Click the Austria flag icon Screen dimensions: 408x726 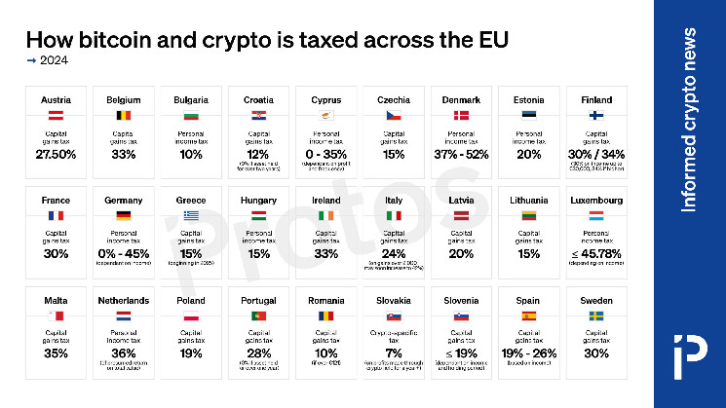pos(57,116)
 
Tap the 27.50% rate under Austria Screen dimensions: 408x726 pos(57,154)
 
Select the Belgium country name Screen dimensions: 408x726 pos(124,100)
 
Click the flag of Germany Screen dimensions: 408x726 pos(124,215)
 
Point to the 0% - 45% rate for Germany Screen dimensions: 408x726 pos(124,253)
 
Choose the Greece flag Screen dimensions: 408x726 pos(191,215)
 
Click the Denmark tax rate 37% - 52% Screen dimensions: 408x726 pos(461,154)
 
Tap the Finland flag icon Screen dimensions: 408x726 pos(596,116)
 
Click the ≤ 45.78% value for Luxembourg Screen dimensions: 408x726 pos(596,253)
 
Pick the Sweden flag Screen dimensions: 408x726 pos(596,316)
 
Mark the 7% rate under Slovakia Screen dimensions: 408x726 pos(394,352)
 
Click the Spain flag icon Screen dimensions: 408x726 pos(529,316)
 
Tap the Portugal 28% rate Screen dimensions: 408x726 pos(258,352)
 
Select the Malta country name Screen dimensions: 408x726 pos(57,301)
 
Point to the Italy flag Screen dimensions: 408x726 pos(394,215)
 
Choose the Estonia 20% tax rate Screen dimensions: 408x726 pos(529,154)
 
